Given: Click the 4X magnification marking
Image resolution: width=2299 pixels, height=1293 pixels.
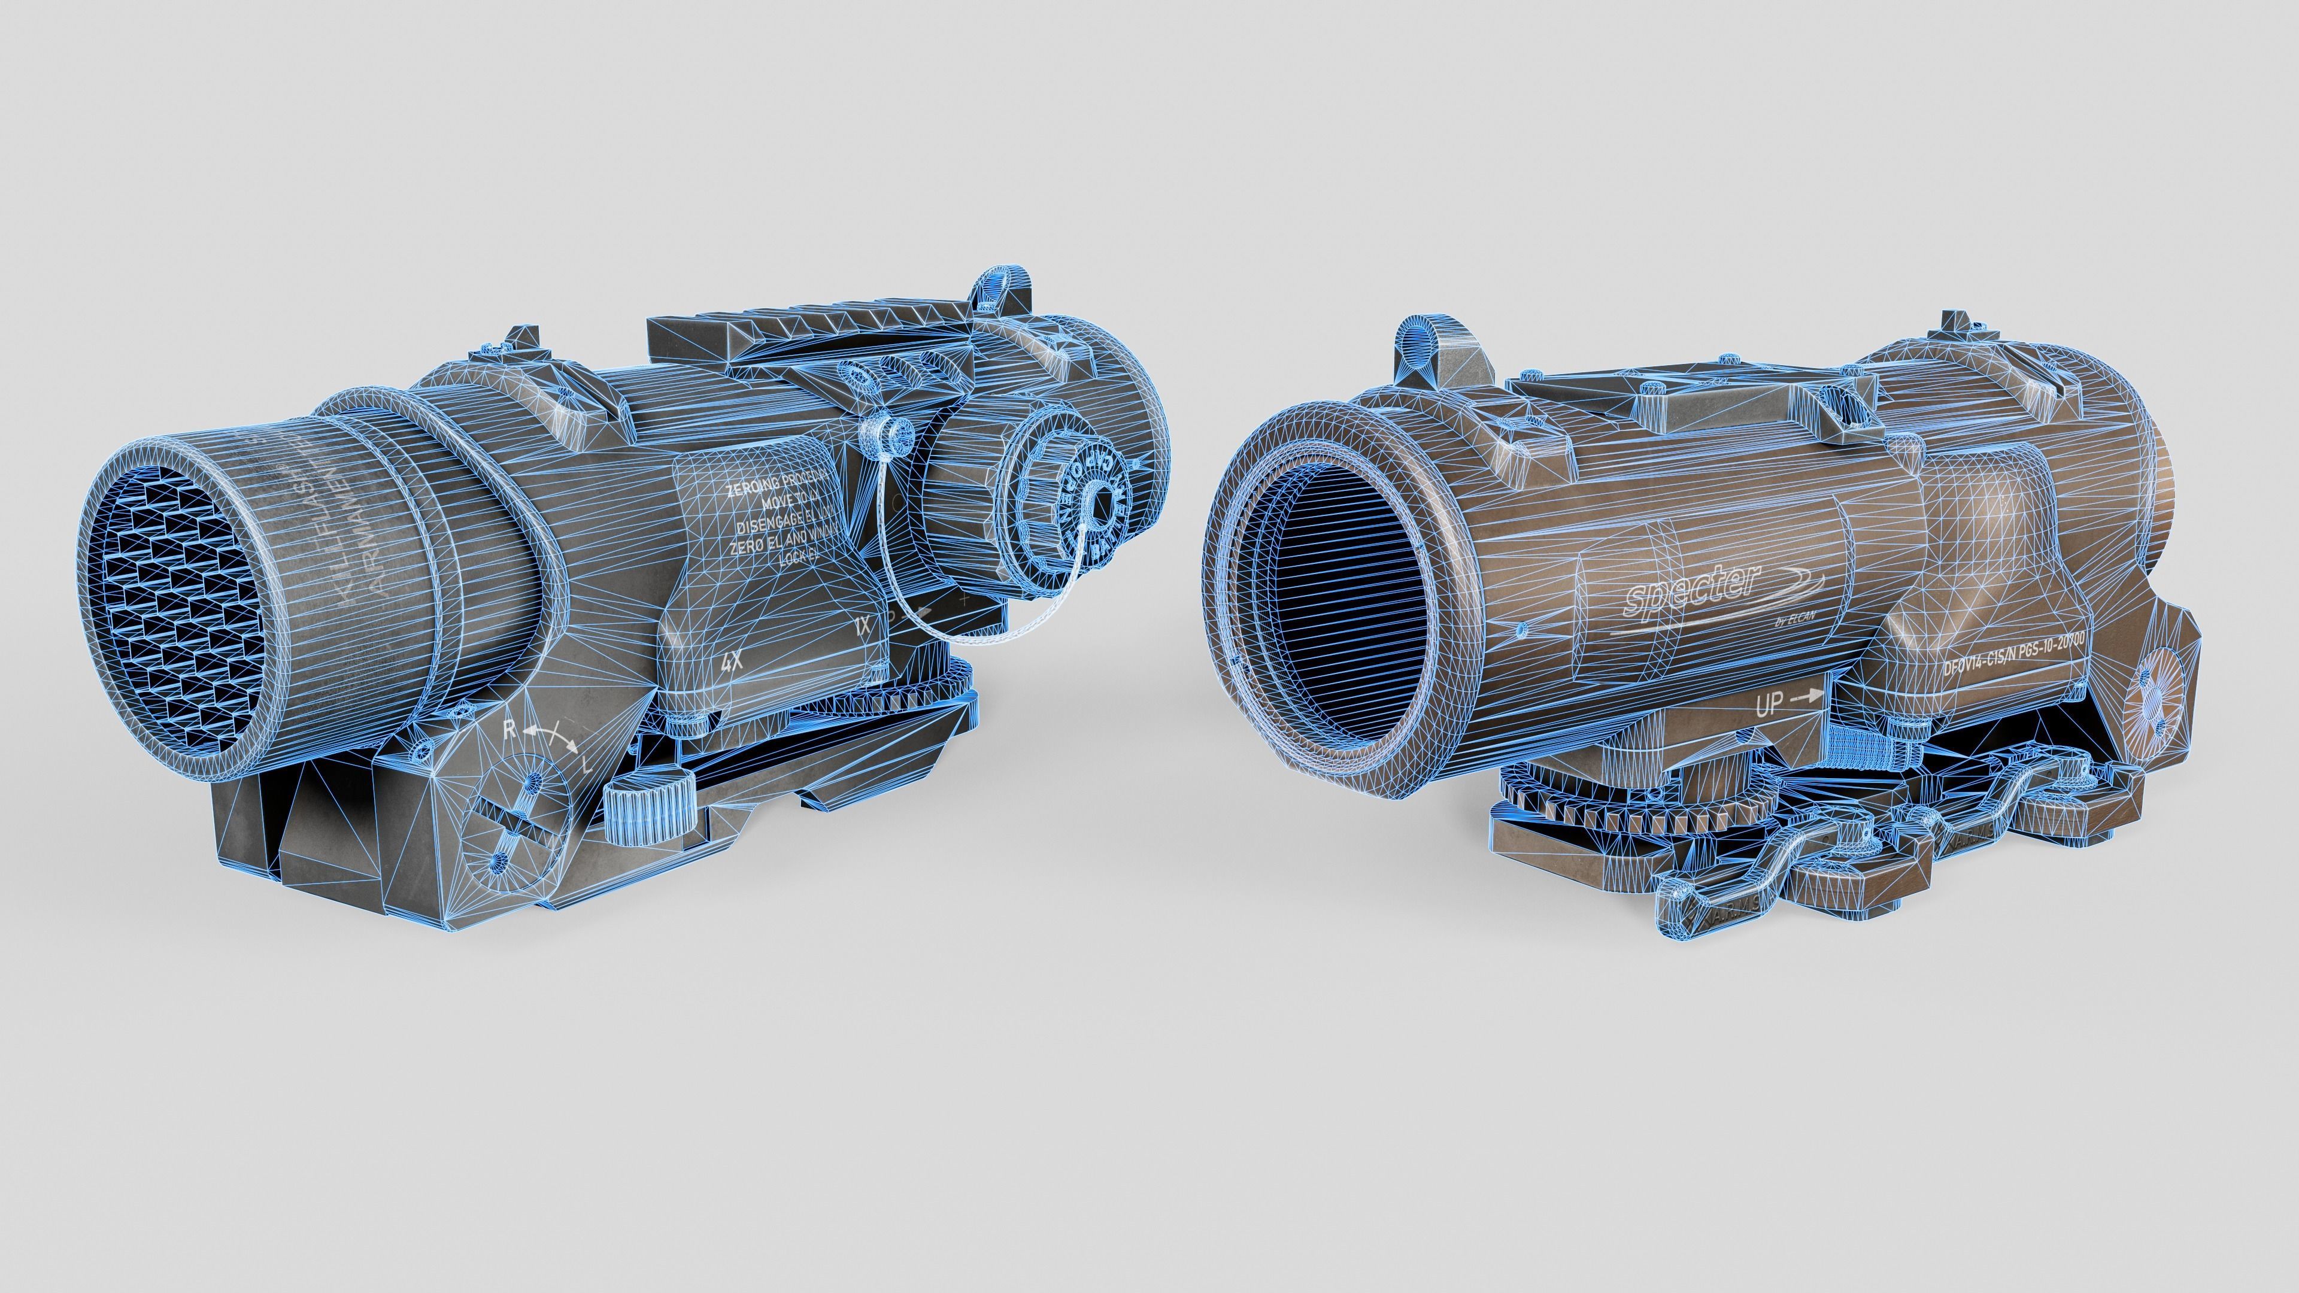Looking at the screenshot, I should [732, 662].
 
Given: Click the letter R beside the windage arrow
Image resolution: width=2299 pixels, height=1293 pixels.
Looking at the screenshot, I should [509, 729].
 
